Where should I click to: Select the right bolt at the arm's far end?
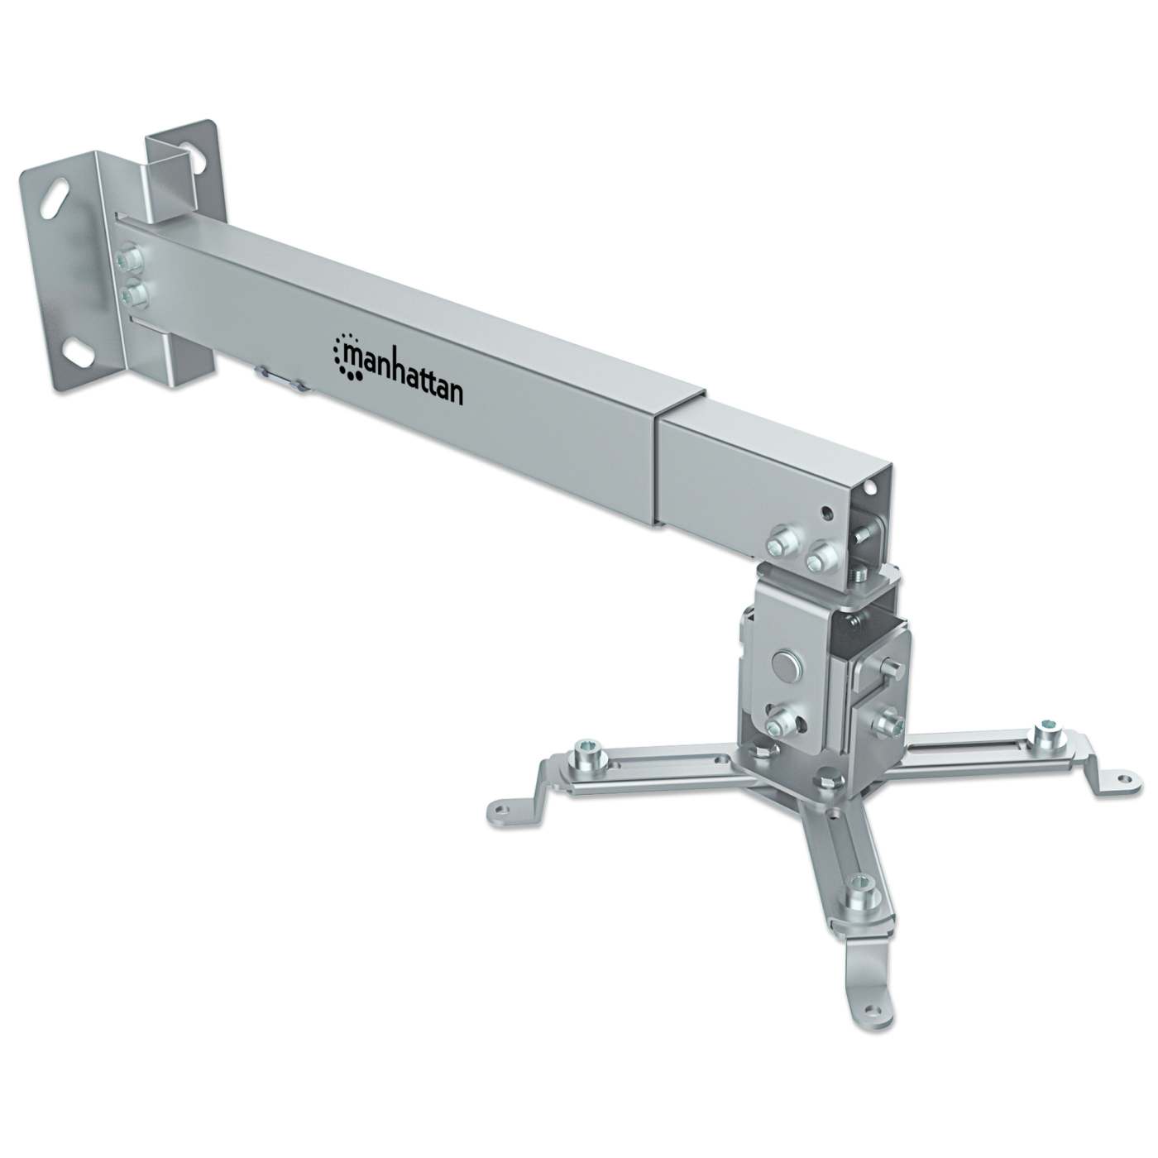[x=819, y=557]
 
